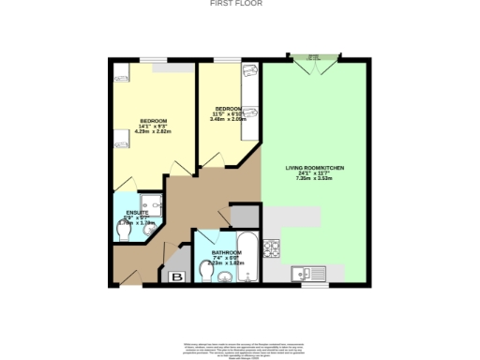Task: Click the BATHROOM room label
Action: (x=228, y=252)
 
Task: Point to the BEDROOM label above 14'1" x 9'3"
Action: (x=153, y=121)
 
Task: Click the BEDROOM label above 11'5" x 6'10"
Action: (x=228, y=108)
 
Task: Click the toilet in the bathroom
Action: (x=206, y=273)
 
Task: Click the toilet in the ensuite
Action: (x=121, y=231)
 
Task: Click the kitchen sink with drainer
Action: (x=307, y=273)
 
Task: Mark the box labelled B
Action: (x=176, y=277)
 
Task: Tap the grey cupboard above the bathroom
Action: (x=241, y=215)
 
